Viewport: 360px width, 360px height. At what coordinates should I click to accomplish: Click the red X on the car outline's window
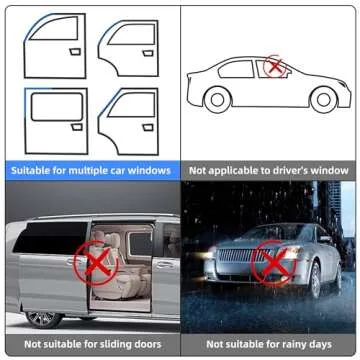point(275,66)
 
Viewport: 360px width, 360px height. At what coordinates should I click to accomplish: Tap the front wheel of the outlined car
point(323,100)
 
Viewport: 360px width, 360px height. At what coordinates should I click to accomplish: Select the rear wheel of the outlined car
point(217,100)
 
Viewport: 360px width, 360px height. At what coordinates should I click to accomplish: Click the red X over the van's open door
point(96,262)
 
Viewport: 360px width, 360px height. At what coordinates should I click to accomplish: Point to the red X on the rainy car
point(274,263)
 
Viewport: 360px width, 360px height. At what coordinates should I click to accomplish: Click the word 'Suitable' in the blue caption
point(30,171)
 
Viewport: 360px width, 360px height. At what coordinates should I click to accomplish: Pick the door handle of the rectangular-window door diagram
point(77,127)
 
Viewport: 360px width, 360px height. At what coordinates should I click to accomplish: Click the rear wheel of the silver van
point(44,320)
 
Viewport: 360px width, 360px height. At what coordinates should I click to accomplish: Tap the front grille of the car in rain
point(239,255)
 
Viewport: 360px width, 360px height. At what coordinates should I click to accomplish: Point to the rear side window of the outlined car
point(236,69)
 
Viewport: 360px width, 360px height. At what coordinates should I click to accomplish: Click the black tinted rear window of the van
point(50,237)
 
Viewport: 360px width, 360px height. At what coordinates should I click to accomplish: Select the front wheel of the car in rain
point(314,279)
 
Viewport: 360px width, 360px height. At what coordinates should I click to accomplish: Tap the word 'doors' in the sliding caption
point(147,344)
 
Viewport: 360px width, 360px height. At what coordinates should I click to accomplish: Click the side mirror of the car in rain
point(324,239)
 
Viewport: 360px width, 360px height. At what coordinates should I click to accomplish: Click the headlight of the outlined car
point(342,83)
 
